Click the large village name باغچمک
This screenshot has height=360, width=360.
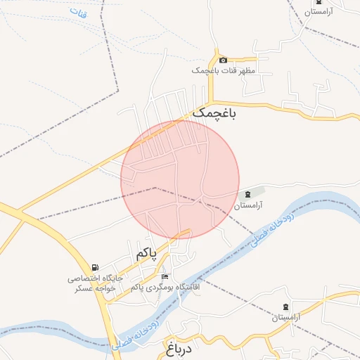214,112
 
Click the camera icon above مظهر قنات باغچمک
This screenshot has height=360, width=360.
224,60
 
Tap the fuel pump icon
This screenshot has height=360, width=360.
95,268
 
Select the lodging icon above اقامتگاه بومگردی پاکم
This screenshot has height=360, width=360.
165,277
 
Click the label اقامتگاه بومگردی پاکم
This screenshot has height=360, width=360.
165,288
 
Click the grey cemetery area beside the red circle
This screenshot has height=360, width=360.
257,191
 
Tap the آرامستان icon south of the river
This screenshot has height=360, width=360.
285,307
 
